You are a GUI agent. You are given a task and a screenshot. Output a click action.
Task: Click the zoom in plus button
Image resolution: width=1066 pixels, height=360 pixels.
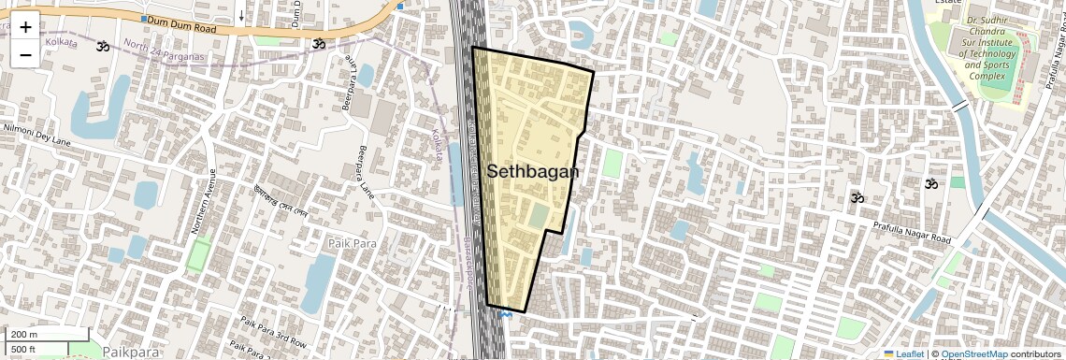pos(25,27)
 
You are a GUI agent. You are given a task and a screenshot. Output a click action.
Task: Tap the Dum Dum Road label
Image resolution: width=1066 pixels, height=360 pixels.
pos(181,30)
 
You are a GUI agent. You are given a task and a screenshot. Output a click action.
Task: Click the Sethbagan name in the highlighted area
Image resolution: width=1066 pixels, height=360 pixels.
pos(533,172)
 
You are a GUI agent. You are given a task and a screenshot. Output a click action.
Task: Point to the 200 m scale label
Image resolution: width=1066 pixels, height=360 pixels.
pos(24,335)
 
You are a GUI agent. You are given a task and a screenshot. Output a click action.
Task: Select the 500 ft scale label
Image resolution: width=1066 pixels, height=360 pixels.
pos(24,350)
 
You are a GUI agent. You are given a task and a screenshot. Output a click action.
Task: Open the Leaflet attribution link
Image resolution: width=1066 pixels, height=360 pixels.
pos(903,354)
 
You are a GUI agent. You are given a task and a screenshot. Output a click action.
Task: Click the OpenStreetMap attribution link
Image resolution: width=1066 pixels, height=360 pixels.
pos(973,354)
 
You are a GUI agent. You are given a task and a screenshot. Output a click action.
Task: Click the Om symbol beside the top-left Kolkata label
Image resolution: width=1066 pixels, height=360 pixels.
pos(102,45)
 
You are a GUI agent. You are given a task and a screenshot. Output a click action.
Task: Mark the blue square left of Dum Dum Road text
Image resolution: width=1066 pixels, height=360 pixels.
pos(143,19)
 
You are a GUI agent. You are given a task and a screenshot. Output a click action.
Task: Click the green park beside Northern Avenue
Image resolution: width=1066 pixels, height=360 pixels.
pos(198,254)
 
